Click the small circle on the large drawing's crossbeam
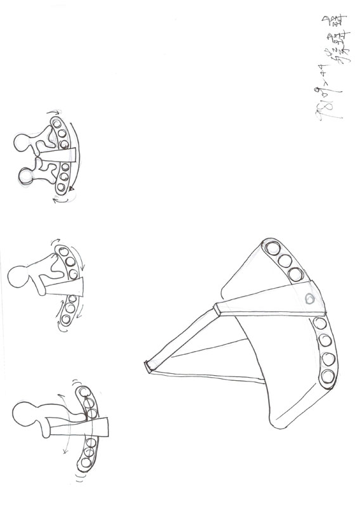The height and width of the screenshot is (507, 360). [309, 299]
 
